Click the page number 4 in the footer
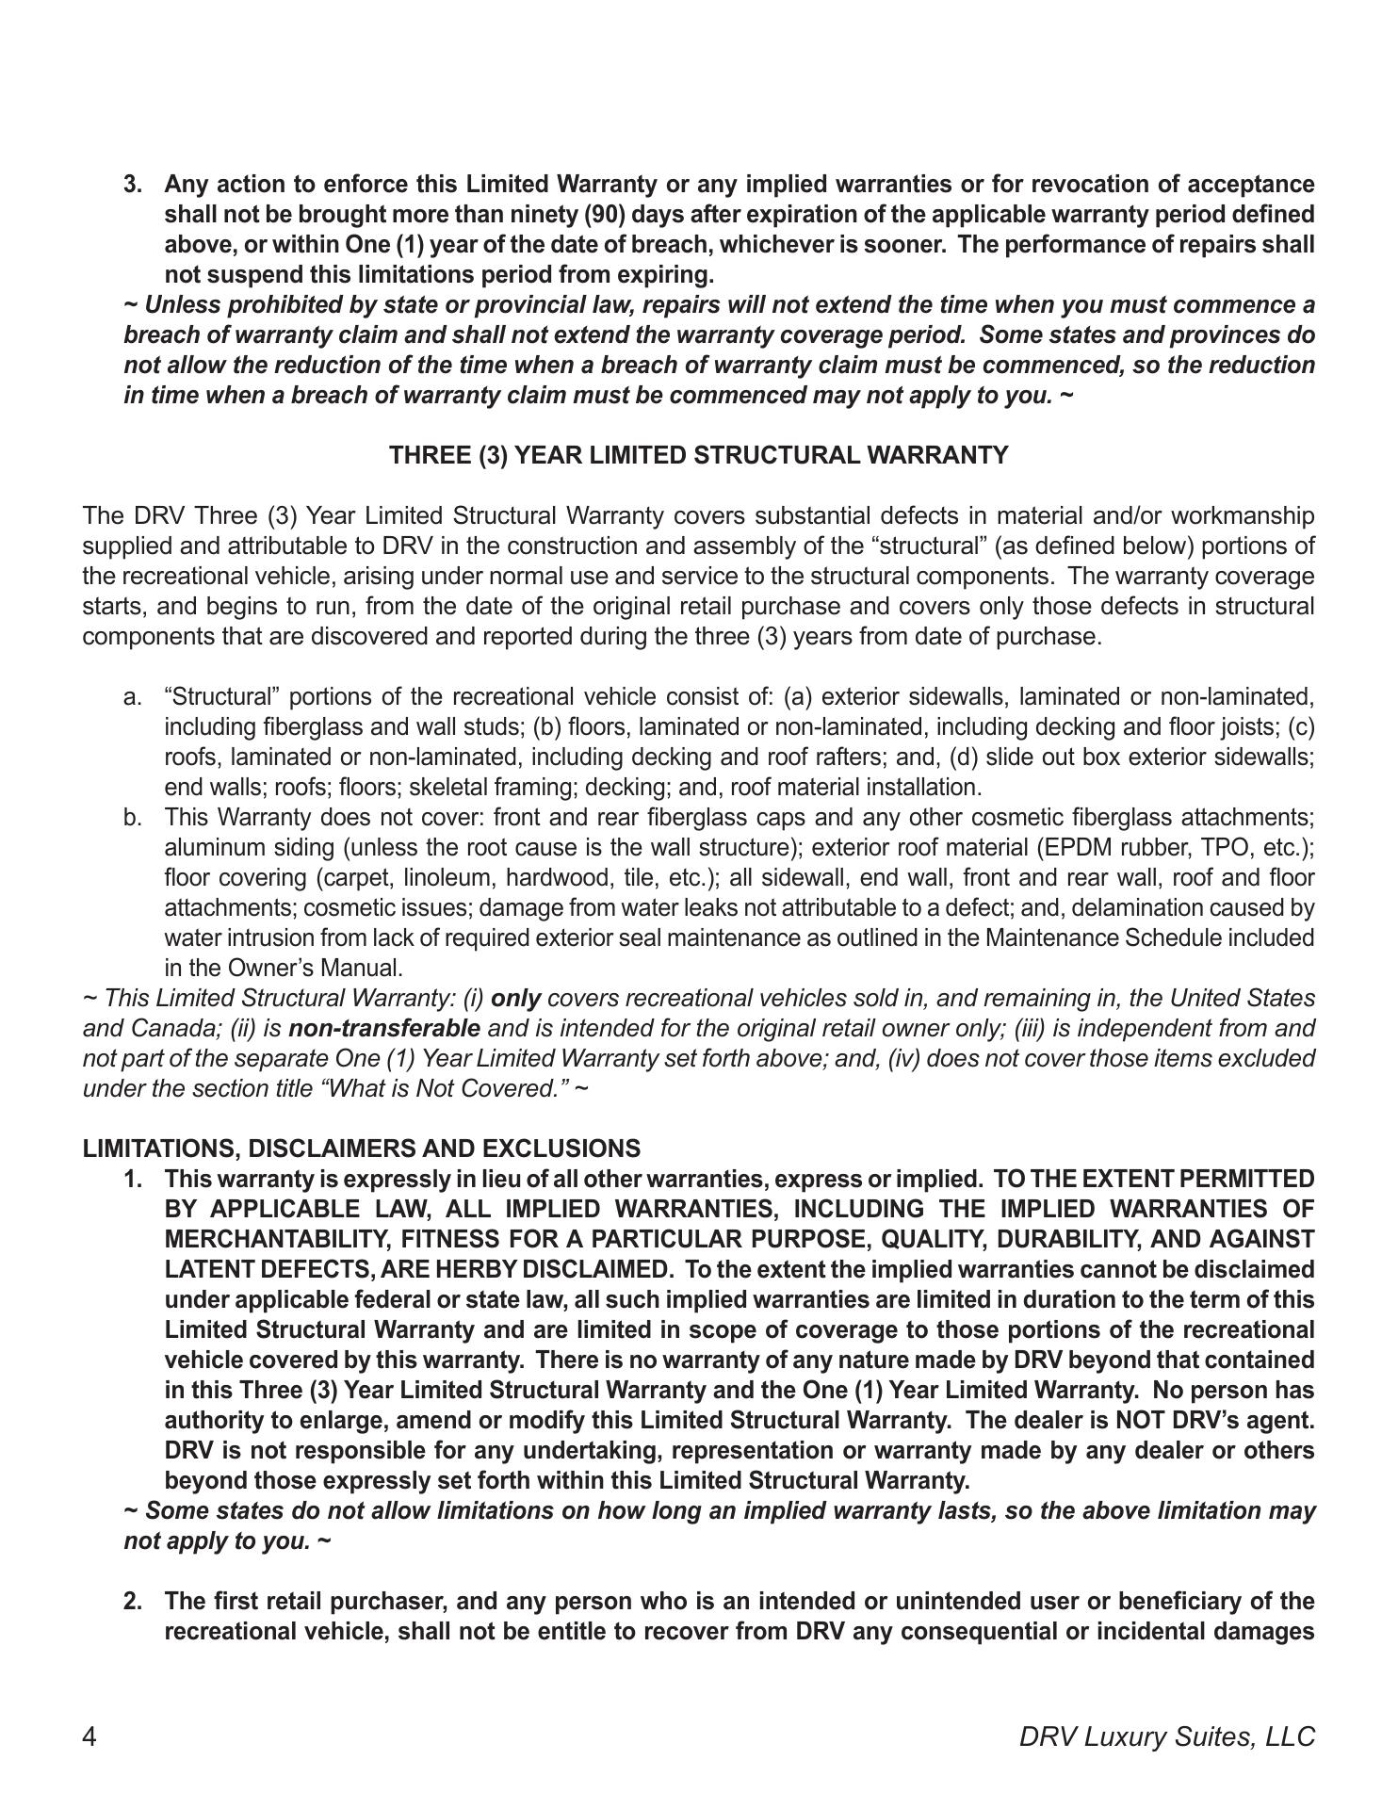tap(89, 1736)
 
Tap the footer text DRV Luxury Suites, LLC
tap(1166, 1736)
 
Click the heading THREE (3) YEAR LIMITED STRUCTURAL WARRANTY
tap(698, 455)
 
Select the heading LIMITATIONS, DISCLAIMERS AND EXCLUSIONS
tap(361, 1149)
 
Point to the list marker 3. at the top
tap(133, 184)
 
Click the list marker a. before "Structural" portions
tap(133, 696)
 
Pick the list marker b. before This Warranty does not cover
tap(133, 817)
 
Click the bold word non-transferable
tap(383, 1028)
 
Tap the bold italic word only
tap(515, 998)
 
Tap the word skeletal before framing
tap(447, 787)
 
